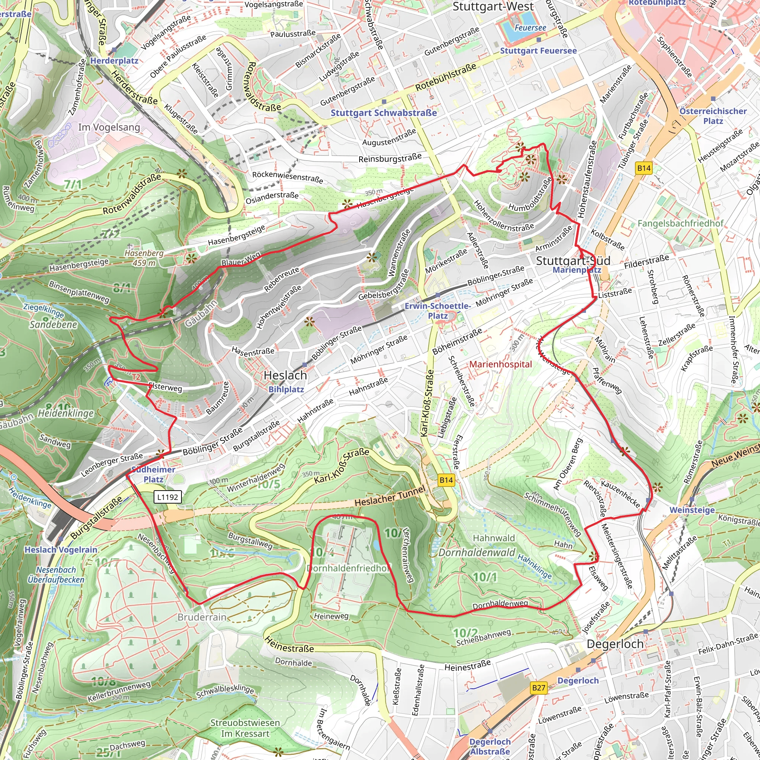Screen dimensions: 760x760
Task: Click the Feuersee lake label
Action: [530, 28]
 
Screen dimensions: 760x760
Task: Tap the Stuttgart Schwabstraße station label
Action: [384, 113]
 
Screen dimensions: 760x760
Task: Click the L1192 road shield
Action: [168, 497]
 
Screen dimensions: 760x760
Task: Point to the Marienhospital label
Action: [500, 364]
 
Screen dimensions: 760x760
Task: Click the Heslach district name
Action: [285, 375]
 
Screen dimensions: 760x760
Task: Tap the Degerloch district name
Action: [615, 644]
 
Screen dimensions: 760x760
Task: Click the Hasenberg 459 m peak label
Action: [144, 258]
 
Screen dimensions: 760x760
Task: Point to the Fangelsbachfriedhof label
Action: [680, 223]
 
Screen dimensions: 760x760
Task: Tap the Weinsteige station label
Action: [692, 510]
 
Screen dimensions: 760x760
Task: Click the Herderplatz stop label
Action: [114, 60]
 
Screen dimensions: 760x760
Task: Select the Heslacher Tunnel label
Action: [390, 496]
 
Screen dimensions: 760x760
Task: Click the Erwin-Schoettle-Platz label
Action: [438, 311]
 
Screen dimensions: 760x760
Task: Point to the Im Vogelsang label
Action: [109, 127]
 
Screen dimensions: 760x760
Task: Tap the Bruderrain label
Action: [202, 617]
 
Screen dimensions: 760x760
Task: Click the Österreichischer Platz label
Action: [713, 116]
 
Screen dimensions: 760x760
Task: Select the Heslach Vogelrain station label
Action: [60, 550]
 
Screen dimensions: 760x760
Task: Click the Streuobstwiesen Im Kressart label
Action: [245, 728]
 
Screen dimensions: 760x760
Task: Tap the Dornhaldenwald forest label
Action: [476, 553]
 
